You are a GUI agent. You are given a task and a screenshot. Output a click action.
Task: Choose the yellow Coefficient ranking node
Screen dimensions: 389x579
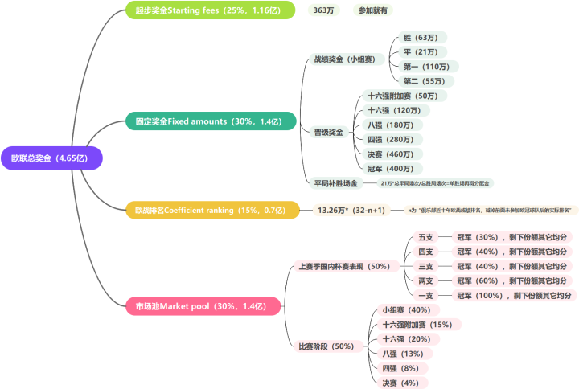point(211,210)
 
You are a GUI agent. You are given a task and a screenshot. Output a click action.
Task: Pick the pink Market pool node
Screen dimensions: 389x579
point(203,306)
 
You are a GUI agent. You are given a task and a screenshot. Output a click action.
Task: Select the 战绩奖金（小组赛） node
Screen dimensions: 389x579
point(344,59)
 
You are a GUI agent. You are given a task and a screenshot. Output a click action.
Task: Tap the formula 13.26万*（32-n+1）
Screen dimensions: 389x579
point(351,210)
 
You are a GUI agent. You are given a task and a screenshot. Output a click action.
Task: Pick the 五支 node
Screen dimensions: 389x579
point(425,237)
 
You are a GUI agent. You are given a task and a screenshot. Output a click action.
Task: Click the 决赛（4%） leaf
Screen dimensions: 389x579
point(400,383)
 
